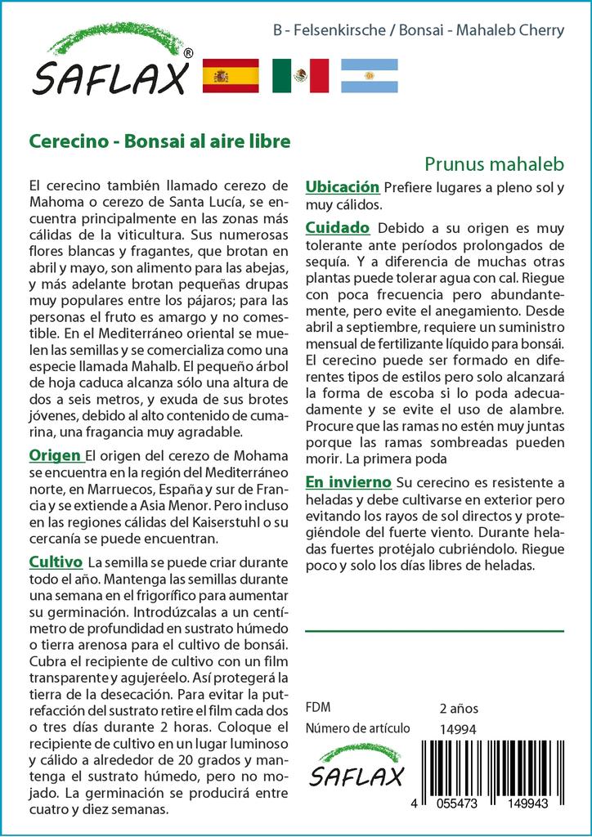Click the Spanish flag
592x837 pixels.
click(230, 76)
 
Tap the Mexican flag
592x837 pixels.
click(300, 76)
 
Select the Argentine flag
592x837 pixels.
click(369, 76)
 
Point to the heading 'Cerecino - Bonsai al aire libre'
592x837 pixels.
click(159, 141)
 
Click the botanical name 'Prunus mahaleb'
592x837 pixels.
click(495, 163)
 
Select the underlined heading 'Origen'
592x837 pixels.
click(55, 455)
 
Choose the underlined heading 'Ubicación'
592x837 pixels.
click(342, 187)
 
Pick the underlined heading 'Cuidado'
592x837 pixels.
click(337, 227)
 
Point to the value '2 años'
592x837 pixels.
click(459, 708)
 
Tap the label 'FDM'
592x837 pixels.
click(317, 708)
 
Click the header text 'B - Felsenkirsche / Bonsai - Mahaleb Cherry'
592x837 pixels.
click(419, 31)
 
